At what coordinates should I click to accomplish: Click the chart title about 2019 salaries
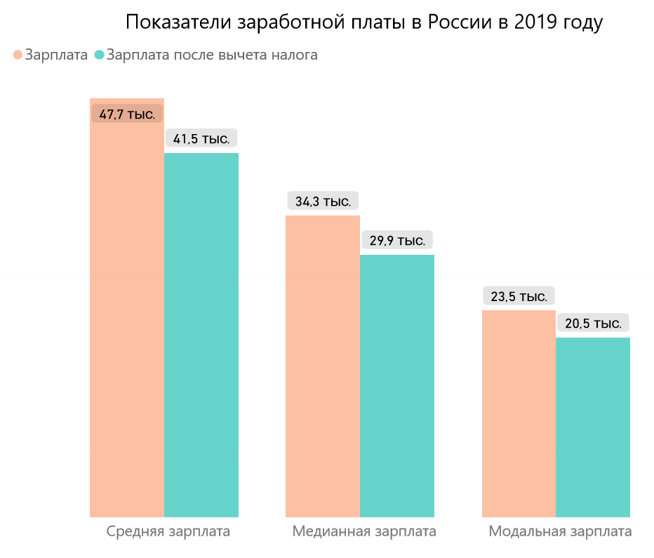click(x=364, y=22)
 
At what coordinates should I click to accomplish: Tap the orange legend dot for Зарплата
click(x=18, y=55)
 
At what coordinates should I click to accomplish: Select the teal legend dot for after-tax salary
click(x=99, y=55)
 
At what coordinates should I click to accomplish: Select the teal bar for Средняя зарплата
click(x=201, y=337)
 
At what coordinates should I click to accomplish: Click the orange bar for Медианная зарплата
click(x=323, y=365)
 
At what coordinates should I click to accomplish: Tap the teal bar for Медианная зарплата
click(x=397, y=386)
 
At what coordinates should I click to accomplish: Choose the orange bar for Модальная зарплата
click(x=519, y=414)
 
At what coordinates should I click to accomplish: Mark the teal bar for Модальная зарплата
click(x=593, y=428)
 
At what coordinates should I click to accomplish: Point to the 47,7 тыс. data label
click(x=127, y=114)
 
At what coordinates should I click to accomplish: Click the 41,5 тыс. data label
click(x=201, y=138)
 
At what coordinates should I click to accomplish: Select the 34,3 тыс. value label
click(x=323, y=201)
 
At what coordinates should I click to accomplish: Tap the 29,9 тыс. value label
click(x=397, y=240)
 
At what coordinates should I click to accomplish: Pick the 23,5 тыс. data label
click(x=519, y=296)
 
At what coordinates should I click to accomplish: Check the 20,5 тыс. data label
click(x=593, y=324)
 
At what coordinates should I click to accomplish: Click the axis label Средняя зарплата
click(x=168, y=531)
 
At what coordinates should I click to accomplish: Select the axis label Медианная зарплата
click(x=364, y=531)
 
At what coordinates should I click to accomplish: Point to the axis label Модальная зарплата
click(x=560, y=531)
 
